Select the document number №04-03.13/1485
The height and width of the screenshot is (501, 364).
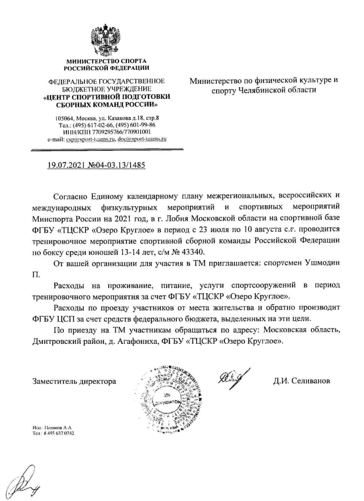coord(116,165)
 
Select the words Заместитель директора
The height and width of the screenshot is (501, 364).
coord(74,381)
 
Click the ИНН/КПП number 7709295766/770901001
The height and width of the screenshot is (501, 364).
coord(118,132)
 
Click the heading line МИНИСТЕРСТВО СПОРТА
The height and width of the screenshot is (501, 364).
coord(106,61)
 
